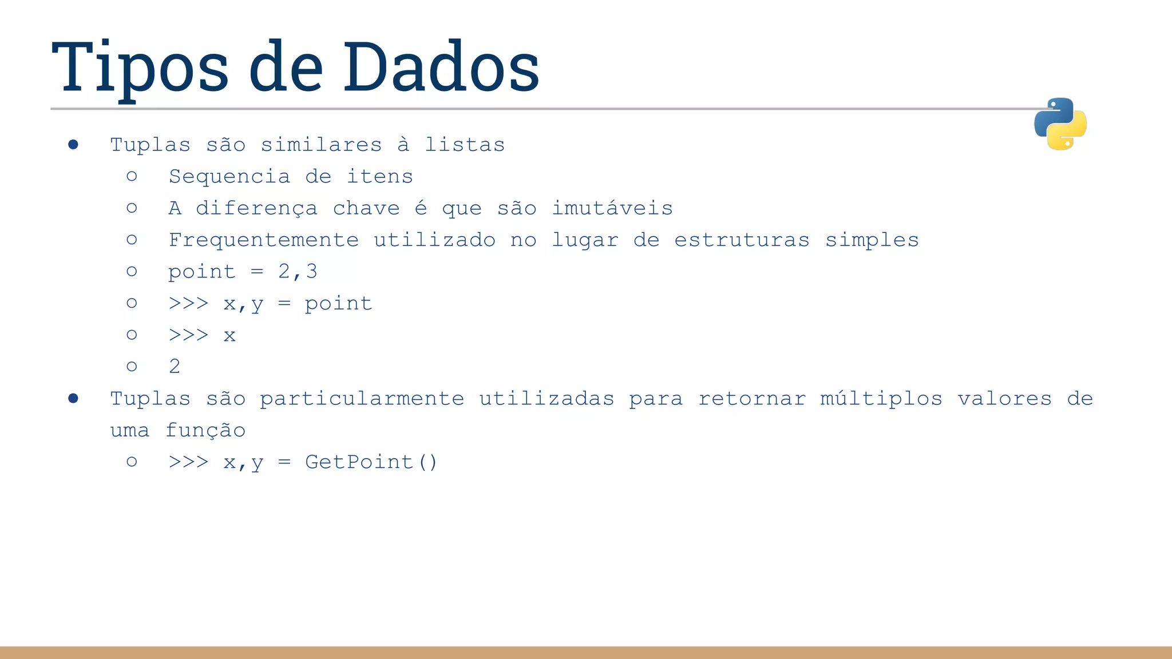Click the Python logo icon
pos(1060,124)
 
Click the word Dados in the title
pos(441,68)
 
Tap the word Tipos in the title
pos(140,68)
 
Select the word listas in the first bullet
pos(465,145)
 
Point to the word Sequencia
pos(229,177)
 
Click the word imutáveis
pos(612,208)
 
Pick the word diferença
pos(256,208)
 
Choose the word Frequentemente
pos(264,240)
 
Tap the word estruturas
pos(742,240)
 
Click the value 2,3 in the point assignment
pos(298,272)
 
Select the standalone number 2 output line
pos(175,367)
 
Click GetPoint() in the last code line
pos(371,462)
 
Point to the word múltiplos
pos(881,399)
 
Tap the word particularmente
pos(362,399)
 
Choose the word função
pos(205,431)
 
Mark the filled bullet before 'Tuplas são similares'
pos(73,144)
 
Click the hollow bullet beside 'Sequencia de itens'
pos(132,176)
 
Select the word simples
pos(872,240)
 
